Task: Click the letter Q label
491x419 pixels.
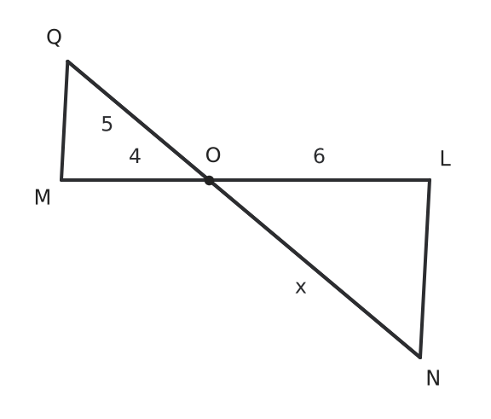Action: pos(54,38)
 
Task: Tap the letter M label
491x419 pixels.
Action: pos(43,197)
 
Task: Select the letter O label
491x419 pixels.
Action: pos(213,155)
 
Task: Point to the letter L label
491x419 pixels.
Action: pos(445,158)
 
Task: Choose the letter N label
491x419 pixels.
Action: pos(433,378)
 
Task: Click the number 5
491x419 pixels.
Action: pos(107,124)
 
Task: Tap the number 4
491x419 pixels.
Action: pos(135,156)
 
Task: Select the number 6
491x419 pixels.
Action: pos(319,156)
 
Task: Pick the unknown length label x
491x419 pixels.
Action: pos(301,288)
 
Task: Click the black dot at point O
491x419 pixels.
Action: pos(209,180)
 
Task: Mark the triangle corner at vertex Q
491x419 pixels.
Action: pos(67,61)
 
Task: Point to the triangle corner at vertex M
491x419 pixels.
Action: pos(61,180)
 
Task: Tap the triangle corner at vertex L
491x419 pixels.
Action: pos(430,180)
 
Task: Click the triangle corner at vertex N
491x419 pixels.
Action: pos(420,357)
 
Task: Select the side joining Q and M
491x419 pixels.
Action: pos(65,120)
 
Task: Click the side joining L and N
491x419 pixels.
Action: pos(425,269)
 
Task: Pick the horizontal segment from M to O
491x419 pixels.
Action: pos(136,180)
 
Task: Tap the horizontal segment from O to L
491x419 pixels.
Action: pos(320,180)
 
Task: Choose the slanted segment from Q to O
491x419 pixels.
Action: pos(138,120)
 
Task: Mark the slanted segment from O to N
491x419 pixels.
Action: pos(315,269)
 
